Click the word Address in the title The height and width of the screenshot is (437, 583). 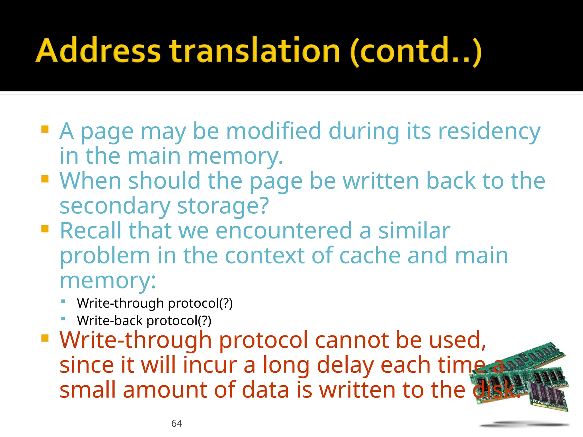click(x=98, y=51)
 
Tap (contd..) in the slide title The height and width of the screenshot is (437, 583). click(x=416, y=51)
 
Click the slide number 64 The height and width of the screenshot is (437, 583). click(x=176, y=423)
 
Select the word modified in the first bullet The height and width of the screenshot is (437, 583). click(x=274, y=131)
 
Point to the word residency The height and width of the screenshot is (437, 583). click(x=489, y=132)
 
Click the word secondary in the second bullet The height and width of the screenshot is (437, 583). click(x=115, y=206)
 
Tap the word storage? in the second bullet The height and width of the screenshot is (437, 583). click(x=223, y=206)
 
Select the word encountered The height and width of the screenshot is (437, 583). click(x=284, y=231)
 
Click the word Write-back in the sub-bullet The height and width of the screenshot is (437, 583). click(x=110, y=321)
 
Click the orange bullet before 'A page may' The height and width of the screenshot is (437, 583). click(x=45, y=129)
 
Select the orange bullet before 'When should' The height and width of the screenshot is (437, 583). click(x=45, y=179)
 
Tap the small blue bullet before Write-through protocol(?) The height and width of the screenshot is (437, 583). click(x=63, y=301)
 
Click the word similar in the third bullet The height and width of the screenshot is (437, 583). click(x=414, y=231)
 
